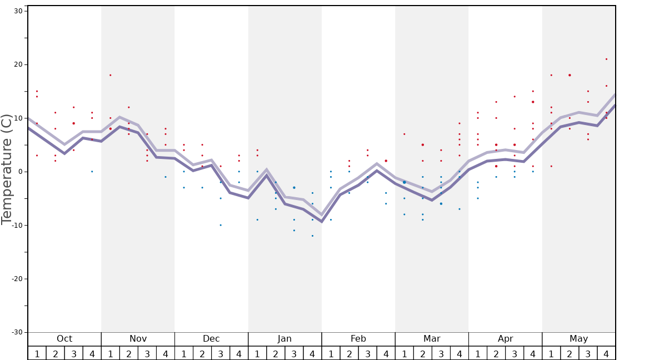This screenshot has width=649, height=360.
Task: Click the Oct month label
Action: tap(64, 339)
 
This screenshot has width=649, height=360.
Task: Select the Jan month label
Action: tap(284, 339)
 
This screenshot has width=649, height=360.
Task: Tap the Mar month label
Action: tap(432, 339)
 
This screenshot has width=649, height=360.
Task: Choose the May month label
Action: tap(578, 339)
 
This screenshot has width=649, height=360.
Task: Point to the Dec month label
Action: tap(211, 339)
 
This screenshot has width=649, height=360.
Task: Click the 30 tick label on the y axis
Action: tap(18, 11)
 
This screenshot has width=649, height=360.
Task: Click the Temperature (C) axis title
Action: tap(7, 169)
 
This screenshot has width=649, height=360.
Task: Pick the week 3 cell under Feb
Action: tap(367, 353)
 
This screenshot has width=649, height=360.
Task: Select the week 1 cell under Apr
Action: tap(477, 353)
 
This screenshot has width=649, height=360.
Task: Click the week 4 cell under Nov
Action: tap(165, 353)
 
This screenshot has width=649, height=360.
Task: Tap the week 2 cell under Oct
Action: tap(55, 353)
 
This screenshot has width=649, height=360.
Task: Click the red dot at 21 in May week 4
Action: tap(606, 59)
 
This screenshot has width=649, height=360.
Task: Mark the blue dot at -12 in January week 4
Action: tap(312, 236)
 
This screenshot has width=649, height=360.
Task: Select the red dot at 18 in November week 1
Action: tap(110, 75)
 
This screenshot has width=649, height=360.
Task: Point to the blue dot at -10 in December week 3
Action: tap(221, 225)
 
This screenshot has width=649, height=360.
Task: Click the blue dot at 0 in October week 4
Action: tap(92, 172)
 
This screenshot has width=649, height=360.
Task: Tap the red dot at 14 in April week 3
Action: tap(515, 97)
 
